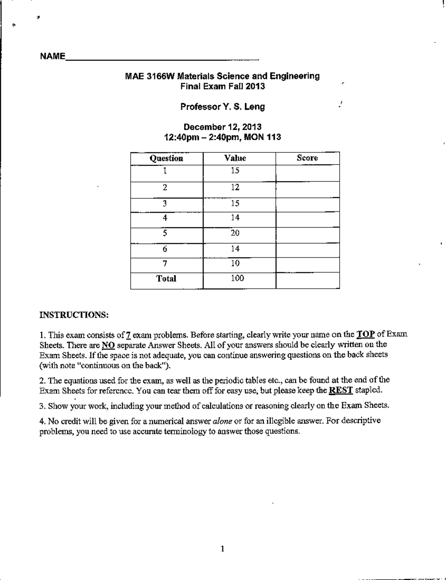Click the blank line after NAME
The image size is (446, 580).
162,59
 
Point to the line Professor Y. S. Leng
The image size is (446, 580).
222,107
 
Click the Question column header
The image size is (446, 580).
166,158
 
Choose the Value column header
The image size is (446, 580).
235,158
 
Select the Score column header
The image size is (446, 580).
307,158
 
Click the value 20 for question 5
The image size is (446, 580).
235,233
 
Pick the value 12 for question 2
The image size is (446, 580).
235,187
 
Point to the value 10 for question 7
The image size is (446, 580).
235,263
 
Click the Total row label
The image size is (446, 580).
166,279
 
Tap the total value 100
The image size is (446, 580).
237,278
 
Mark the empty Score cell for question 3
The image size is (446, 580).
307,204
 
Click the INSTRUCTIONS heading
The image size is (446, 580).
74,315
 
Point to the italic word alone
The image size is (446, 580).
223,421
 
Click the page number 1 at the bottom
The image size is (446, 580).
222,549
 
